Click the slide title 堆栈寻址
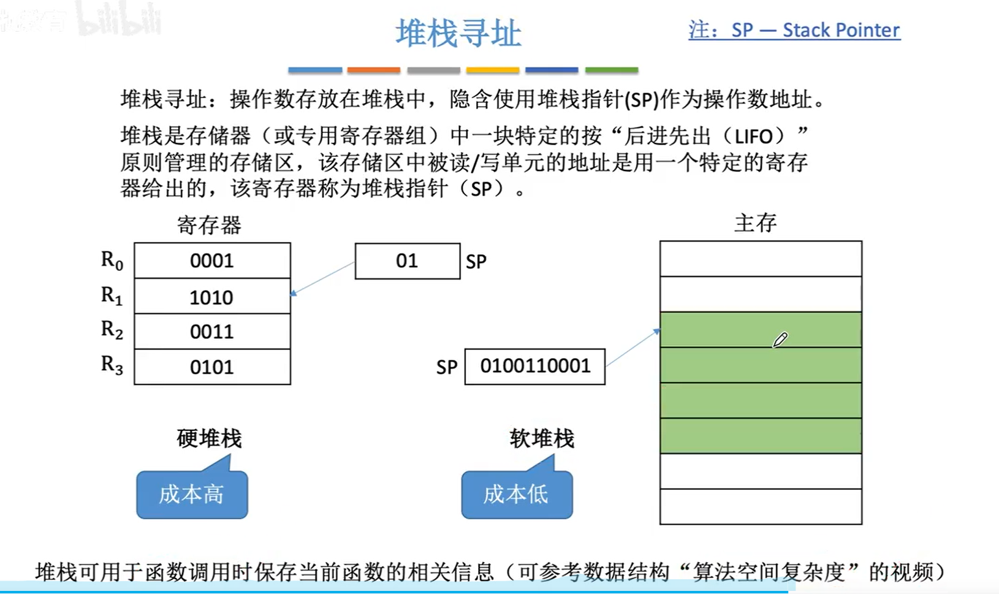tap(458, 33)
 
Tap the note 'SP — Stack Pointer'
tap(794, 30)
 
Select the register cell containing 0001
tap(212, 261)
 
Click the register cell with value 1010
tap(212, 297)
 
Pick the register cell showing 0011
tap(212, 332)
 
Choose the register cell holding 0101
tap(212, 367)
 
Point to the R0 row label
tap(112, 261)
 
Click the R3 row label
tap(112, 365)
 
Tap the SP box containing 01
tap(408, 261)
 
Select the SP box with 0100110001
tap(534, 367)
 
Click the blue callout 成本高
tap(192, 494)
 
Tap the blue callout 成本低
tap(516, 494)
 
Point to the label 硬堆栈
tap(209, 438)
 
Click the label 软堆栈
tap(542, 438)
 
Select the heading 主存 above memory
tap(755, 223)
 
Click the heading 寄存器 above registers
tap(209, 225)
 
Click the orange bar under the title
tap(373, 70)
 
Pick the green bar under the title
tap(611, 70)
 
